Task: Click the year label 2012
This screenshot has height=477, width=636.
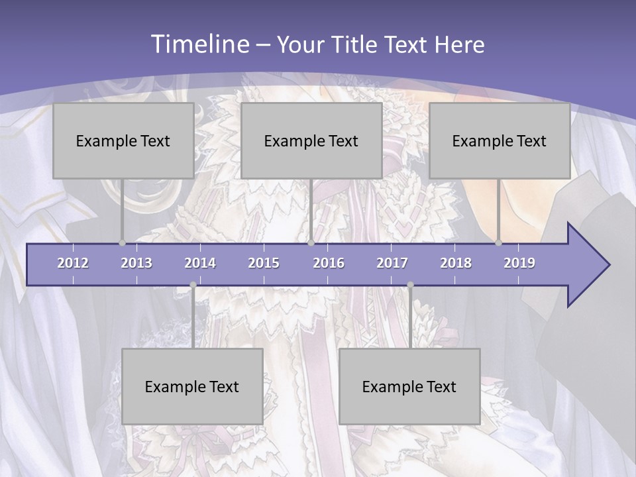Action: pos(73,263)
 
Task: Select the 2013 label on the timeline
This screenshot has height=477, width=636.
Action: pos(136,263)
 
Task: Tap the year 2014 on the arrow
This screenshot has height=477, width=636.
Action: pos(200,263)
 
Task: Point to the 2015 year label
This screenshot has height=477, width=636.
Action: pos(264,263)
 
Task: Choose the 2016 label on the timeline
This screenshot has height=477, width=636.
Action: pos(329,263)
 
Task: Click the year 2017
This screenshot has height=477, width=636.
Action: pos(392,263)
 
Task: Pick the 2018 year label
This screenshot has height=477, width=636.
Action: pos(456,263)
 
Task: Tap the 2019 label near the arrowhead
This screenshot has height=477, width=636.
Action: pos(519,263)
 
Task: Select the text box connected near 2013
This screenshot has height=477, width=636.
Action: pos(123,140)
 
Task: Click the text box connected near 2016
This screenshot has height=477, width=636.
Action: pos(311,140)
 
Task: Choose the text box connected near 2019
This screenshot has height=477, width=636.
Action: pos(500,140)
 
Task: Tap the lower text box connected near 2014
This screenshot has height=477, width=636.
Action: pos(192,386)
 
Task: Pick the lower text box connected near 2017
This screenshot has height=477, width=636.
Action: pos(409,386)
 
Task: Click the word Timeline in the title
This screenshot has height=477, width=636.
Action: pos(199,44)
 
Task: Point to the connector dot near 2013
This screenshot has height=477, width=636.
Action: pos(123,242)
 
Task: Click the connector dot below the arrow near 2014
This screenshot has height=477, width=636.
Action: pos(193,285)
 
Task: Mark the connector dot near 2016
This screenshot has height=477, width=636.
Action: pos(311,242)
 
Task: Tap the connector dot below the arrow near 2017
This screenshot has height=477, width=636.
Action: pos(410,285)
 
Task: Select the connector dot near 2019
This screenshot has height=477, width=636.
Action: pos(499,242)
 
